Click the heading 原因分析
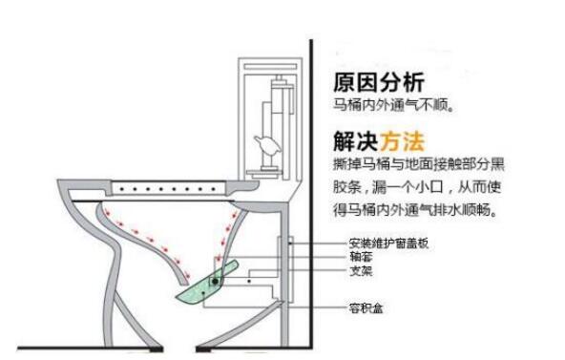[x=379, y=83]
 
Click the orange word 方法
[x=402, y=141]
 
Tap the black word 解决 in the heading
[x=356, y=141]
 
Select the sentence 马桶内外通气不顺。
[x=393, y=105]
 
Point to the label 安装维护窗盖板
[x=388, y=244]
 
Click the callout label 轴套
[x=361, y=257]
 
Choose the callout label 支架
[x=361, y=270]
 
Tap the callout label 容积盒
[x=366, y=308]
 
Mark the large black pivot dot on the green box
[x=215, y=281]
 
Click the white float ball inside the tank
[x=268, y=145]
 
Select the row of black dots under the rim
[x=168, y=189]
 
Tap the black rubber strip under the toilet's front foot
[x=156, y=349]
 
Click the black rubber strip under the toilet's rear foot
[x=203, y=349]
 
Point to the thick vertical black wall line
[x=311, y=194]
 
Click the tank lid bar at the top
[x=271, y=67]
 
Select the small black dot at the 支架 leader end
[x=249, y=281]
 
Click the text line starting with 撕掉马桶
[x=418, y=164]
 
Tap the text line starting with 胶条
[x=417, y=187]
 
